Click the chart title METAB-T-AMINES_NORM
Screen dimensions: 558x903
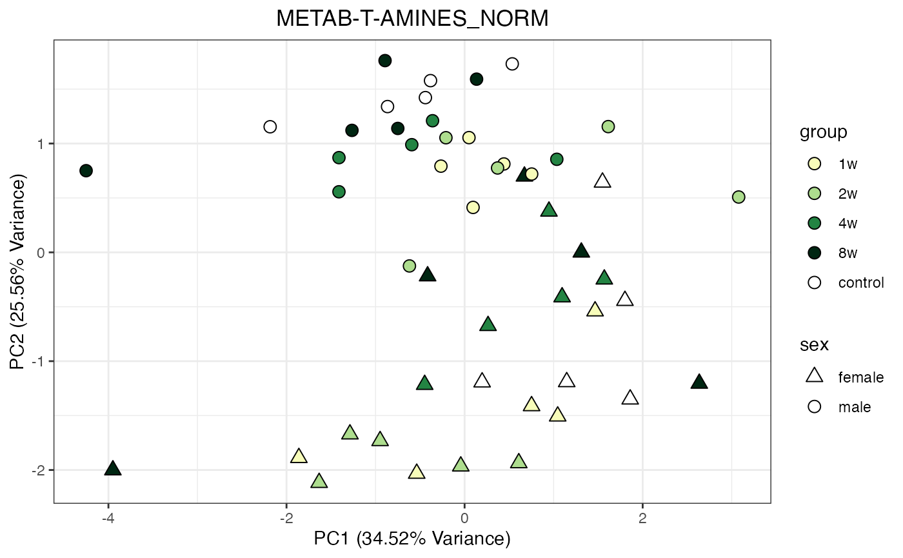(412, 19)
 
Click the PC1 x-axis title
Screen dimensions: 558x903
(412, 538)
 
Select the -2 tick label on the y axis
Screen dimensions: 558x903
(39, 470)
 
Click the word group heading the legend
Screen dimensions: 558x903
(823, 132)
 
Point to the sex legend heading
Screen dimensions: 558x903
(814, 344)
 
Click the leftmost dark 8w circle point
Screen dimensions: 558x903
(86, 170)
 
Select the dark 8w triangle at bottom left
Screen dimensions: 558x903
(113, 469)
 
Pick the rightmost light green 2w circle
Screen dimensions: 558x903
(739, 197)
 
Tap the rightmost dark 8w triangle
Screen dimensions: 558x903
(699, 383)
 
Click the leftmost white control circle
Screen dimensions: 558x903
(270, 126)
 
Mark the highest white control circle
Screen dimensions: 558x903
(512, 64)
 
